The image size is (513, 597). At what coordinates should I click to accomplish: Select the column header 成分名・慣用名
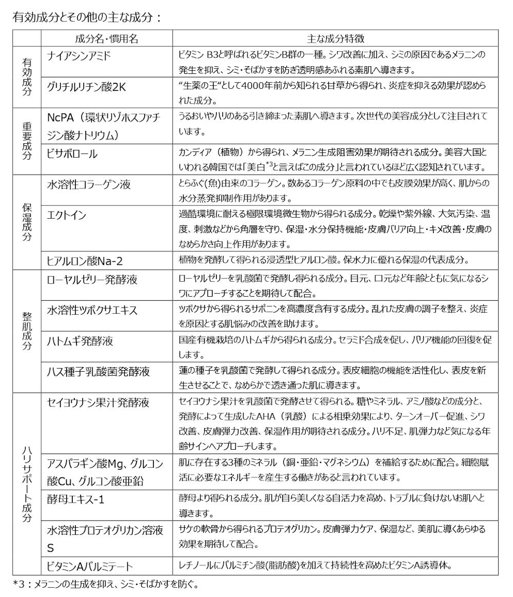[x=106, y=39]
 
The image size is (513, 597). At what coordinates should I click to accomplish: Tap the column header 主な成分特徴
[x=336, y=39]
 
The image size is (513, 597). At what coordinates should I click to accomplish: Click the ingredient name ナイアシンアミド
[x=79, y=56]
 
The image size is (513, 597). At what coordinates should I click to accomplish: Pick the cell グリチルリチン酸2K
[x=86, y=87]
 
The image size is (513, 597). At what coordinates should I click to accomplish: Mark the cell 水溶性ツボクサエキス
[x=92, y=311]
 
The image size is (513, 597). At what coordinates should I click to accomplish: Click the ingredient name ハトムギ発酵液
[x=80, y=341]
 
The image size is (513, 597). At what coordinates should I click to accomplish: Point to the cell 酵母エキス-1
[x=76, y=499]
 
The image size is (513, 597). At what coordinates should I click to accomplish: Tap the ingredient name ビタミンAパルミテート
[x=90, y=567]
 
